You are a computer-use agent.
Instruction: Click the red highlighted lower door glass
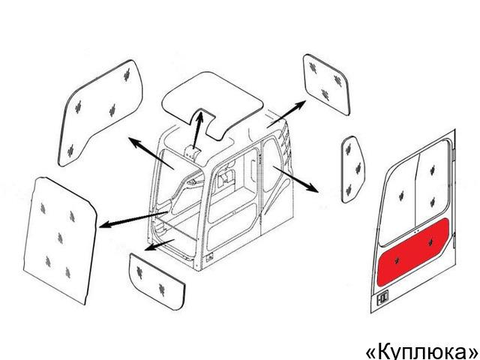412,252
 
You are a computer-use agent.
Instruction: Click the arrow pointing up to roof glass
198,130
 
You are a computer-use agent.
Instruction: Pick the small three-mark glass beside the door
352,169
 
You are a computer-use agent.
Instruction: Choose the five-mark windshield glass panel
60,240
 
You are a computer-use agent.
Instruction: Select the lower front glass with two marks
157,281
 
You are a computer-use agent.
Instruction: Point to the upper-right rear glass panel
326,84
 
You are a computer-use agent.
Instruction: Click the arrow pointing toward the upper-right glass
286,114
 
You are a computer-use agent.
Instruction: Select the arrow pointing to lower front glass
159,244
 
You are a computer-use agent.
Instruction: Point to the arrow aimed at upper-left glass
151,153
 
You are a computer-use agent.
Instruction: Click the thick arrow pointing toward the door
295,179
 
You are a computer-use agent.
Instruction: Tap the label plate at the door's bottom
382,297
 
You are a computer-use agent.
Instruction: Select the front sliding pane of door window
398,199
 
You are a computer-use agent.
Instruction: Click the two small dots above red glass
416,232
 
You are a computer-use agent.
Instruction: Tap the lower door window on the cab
232,226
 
